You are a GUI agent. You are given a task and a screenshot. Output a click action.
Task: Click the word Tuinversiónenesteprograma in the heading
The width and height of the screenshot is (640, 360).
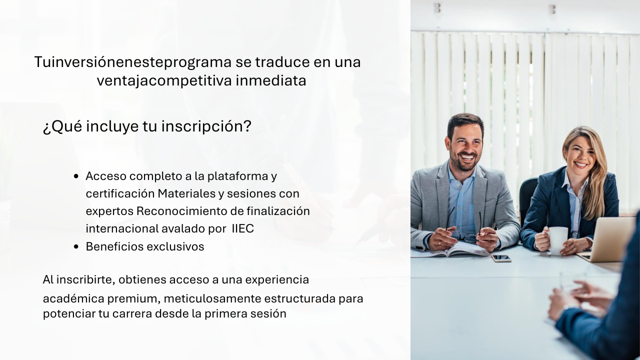pyautogui.click(x=133, y=62)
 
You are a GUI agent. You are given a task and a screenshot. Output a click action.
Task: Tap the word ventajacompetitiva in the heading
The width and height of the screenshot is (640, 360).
pyautogui.click(x=164, y=81)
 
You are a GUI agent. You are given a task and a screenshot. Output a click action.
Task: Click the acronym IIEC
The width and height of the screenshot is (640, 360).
pyautogui.click(x=243, y=228)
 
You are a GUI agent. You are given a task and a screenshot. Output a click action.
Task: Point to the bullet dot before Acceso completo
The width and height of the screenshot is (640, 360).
pyautogui.click(x=76, y=176)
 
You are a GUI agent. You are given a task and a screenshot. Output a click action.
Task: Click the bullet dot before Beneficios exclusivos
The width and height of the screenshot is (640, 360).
pyautogui.click(x=76, y=246)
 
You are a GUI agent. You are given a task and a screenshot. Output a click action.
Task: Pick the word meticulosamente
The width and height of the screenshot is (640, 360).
pyautogui.click(x=212, y=298)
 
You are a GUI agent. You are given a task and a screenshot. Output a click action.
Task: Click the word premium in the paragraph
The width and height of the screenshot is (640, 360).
pyautogui.click(x=134, y=299)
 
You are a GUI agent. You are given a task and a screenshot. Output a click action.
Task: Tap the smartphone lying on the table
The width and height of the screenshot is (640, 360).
pyautogui.click(x=501, y=258)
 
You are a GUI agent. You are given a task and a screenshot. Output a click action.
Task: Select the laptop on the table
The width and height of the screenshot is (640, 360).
pyautogui.click(x=605, y=240)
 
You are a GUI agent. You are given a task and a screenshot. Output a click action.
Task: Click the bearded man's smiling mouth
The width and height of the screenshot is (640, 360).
pyautogui.click(x=467, y=157)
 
